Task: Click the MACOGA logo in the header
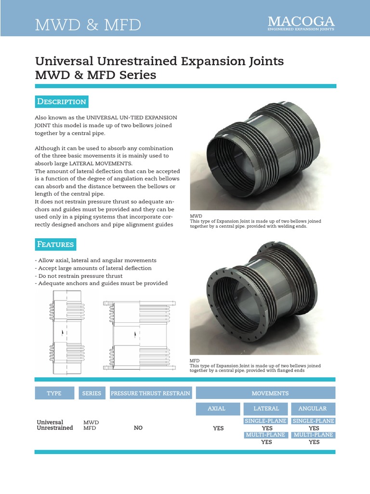click(x=301, y=23)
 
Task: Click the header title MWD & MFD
click(x=88, y=25)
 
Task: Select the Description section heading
click(x=62, y=101)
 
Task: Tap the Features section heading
click(x=56, y=244)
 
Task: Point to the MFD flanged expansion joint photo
click(x=263, y=299)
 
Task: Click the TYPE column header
click(x=54, y=393)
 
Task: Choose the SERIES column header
click(x=92, y=393)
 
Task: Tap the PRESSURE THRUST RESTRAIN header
click(x=151, y=393)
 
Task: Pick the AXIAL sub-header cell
click(x=216, y=408)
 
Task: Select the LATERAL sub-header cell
click(x=266, y=408)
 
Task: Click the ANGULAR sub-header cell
click(x=312, y=408)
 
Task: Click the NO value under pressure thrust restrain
click(x=138, y=428)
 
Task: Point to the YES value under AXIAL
click(x=218, y=428)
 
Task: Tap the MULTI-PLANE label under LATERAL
click(x=266, y=435)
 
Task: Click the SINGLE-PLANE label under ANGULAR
click(x=314, y=421)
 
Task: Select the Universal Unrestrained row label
click(x=55, y=425)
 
